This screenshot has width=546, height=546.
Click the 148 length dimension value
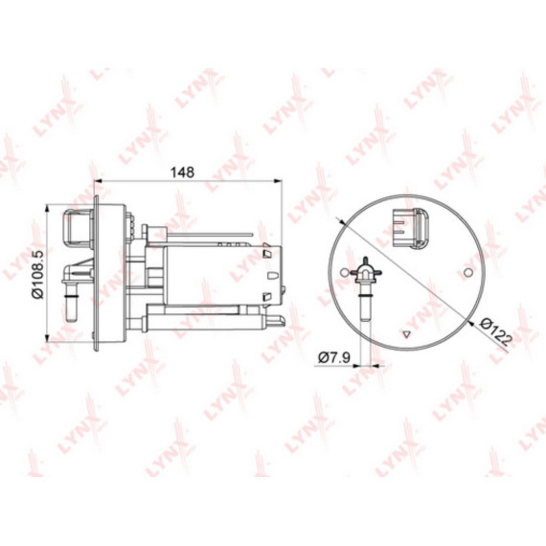coord(182,172)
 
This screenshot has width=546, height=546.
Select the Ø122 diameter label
coord(495,331)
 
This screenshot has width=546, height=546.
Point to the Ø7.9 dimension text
coord(334,357)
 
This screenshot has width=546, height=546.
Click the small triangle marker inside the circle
coord(406,334)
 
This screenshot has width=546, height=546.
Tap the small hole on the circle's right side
coord(468,272)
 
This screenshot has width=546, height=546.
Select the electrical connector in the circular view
coord(411,228)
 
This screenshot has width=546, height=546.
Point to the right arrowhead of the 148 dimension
coord(278,181)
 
